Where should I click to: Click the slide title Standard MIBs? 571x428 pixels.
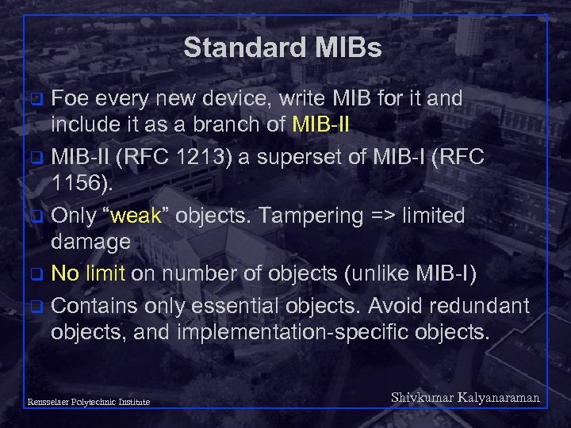point(282,48)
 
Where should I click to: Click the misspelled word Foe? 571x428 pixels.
point(71,99)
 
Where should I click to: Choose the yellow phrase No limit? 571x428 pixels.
point(88,273)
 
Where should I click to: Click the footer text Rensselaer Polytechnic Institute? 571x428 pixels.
point(87,402)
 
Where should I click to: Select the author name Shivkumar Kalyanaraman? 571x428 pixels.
point(465,398)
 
